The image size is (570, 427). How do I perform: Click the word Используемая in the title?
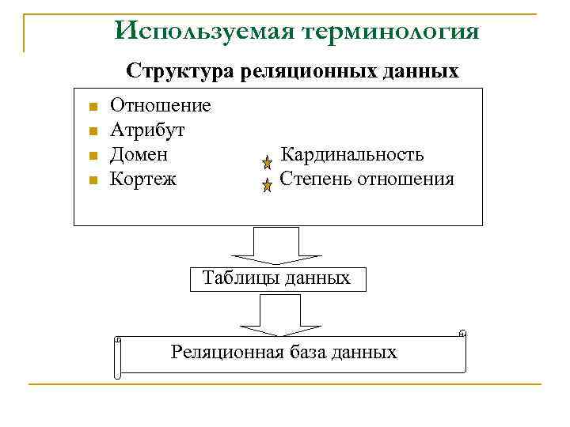202,31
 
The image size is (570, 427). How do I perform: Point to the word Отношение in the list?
161,105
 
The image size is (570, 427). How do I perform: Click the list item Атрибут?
148,129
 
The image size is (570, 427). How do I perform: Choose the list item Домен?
139,154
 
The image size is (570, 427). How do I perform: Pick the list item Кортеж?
143,179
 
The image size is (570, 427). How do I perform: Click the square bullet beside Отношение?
93,107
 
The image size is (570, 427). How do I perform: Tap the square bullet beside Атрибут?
93,131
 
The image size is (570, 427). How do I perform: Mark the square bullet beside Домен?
93,156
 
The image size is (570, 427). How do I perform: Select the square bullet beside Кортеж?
93,180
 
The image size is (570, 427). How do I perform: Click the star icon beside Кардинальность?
268,162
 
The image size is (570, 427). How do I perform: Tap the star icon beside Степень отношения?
268,185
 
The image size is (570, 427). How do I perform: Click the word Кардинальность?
352,154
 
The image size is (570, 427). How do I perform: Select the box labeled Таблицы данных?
276,278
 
